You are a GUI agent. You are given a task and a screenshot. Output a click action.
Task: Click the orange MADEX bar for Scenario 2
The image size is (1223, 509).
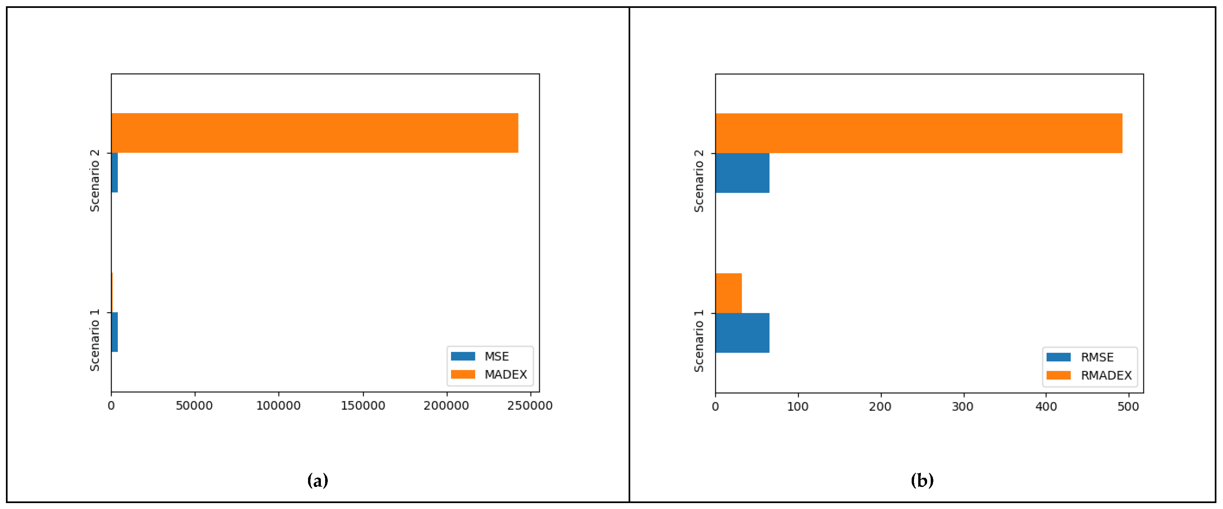(x=314, y=133)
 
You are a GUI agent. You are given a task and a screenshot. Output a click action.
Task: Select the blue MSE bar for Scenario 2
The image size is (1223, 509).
(x=114, y=172)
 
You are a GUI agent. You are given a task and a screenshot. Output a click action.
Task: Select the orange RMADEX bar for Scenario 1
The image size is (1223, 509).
(x=728, y=293)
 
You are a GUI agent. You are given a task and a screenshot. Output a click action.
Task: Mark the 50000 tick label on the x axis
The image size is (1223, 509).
(x=194, y=405)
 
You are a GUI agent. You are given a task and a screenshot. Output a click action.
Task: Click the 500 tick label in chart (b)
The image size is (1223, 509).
(x=1128, y=406)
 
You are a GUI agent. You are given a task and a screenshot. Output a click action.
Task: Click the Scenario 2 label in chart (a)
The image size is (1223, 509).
(x=95, y=181)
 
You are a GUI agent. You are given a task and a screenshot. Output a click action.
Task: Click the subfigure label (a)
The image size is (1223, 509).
(x=318, y=480)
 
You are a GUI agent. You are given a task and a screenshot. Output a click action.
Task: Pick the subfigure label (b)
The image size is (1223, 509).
(x=922, y=480)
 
